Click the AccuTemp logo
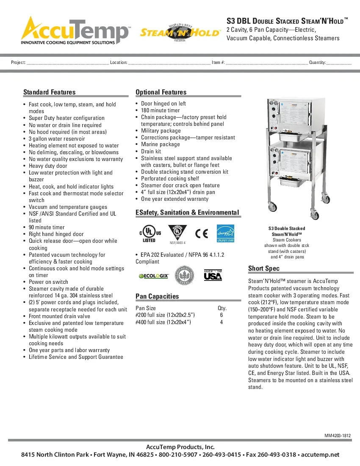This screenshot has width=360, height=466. tap(75, 30)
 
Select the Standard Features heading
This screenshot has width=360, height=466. tap(50, 92)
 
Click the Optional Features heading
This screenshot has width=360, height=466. tap(161, 92)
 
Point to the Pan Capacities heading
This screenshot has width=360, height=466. tap(157, 297)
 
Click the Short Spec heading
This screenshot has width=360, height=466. tap(264, 269)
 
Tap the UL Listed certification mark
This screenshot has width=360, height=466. tap(149, 233)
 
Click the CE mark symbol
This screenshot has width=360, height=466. tap(202, 233)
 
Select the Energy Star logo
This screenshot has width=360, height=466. tap(225, 233)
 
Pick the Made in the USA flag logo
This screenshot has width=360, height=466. tap(213, 276)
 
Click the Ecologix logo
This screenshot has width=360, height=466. tap(154, 276)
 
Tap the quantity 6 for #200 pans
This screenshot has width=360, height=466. tap(222, 315)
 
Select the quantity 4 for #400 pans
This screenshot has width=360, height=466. tap(222, 322)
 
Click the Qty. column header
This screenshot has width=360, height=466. tap(222, 308)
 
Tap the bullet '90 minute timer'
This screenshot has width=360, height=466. tap(47, 227)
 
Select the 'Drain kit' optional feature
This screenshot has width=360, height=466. tap(151, 151)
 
